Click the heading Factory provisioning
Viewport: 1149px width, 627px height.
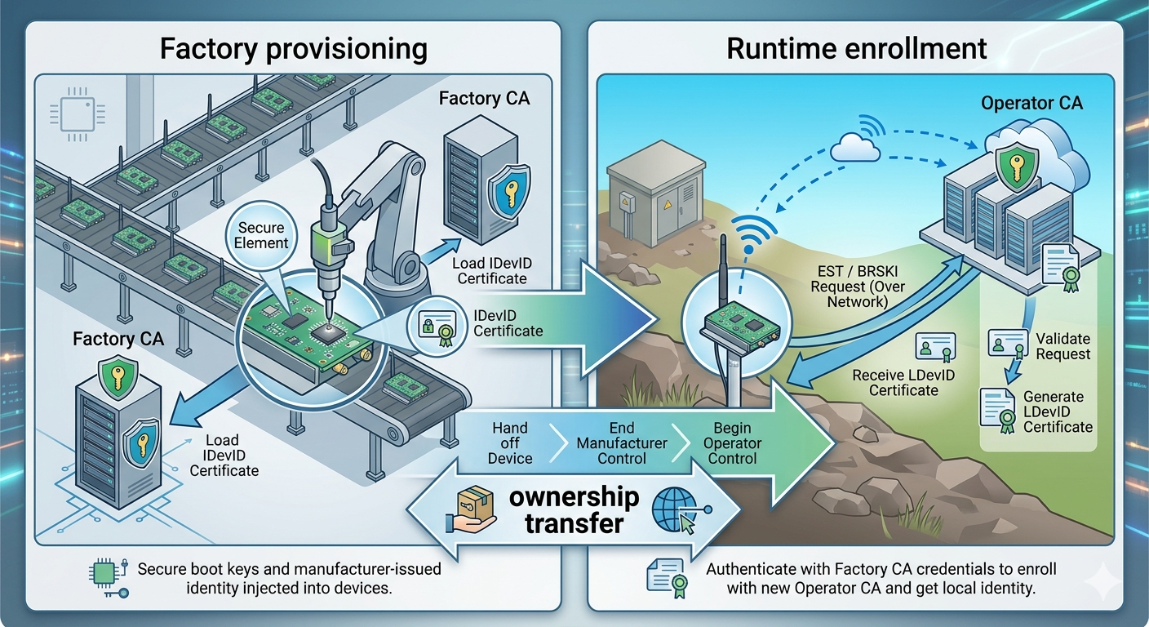(293, 49)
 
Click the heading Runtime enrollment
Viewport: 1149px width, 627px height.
(856, 49)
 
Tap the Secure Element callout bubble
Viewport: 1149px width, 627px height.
(263, 235)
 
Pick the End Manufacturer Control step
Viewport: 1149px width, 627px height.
(621, 443)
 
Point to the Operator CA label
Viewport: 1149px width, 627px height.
(1031, 103)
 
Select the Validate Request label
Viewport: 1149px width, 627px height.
(1062, 345)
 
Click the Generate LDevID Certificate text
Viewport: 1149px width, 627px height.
(1057, 411)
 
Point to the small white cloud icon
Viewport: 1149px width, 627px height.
(855, 149)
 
